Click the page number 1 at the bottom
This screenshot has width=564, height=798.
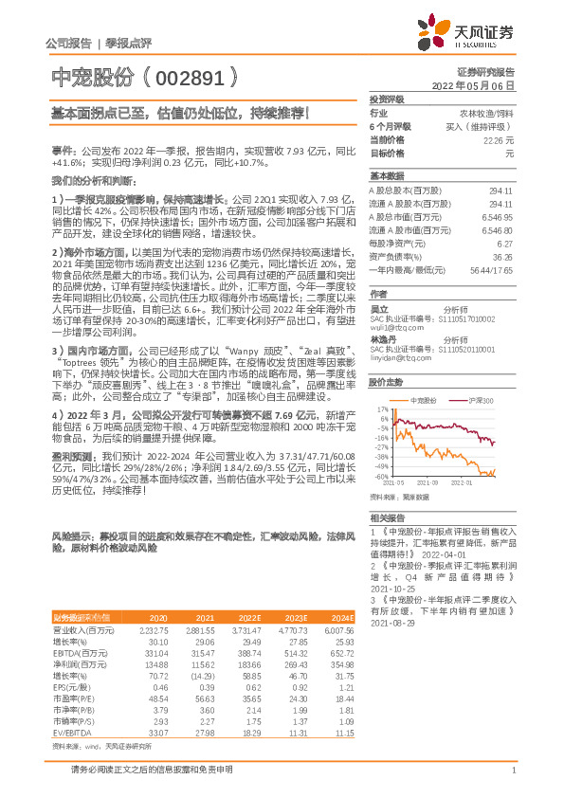[x=512, y=771]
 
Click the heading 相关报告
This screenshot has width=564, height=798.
[x=387, y=517]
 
